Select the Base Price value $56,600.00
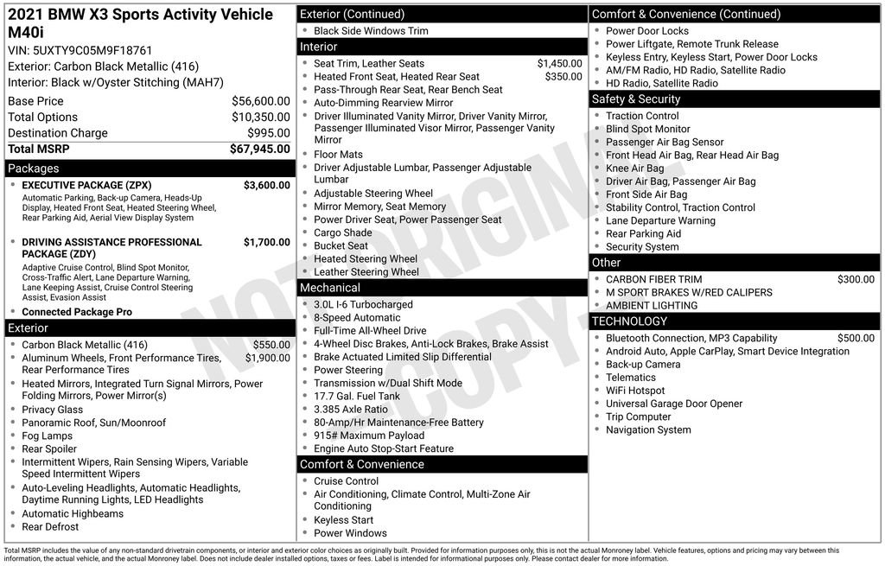260,101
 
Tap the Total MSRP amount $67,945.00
259,149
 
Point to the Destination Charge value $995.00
269,133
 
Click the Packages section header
34,169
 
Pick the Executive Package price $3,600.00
266,185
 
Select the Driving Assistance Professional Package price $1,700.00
266,242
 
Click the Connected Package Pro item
77,312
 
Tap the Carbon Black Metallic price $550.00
271,345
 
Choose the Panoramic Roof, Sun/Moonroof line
94,423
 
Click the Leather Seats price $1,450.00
559,64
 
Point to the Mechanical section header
330,288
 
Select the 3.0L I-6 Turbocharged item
363,304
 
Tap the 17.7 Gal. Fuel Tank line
357,396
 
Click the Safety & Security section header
636,99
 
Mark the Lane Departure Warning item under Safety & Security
660,220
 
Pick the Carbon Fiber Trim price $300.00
856,279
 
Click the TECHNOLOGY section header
629,321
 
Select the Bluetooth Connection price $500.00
856,338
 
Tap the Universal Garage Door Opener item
674,404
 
